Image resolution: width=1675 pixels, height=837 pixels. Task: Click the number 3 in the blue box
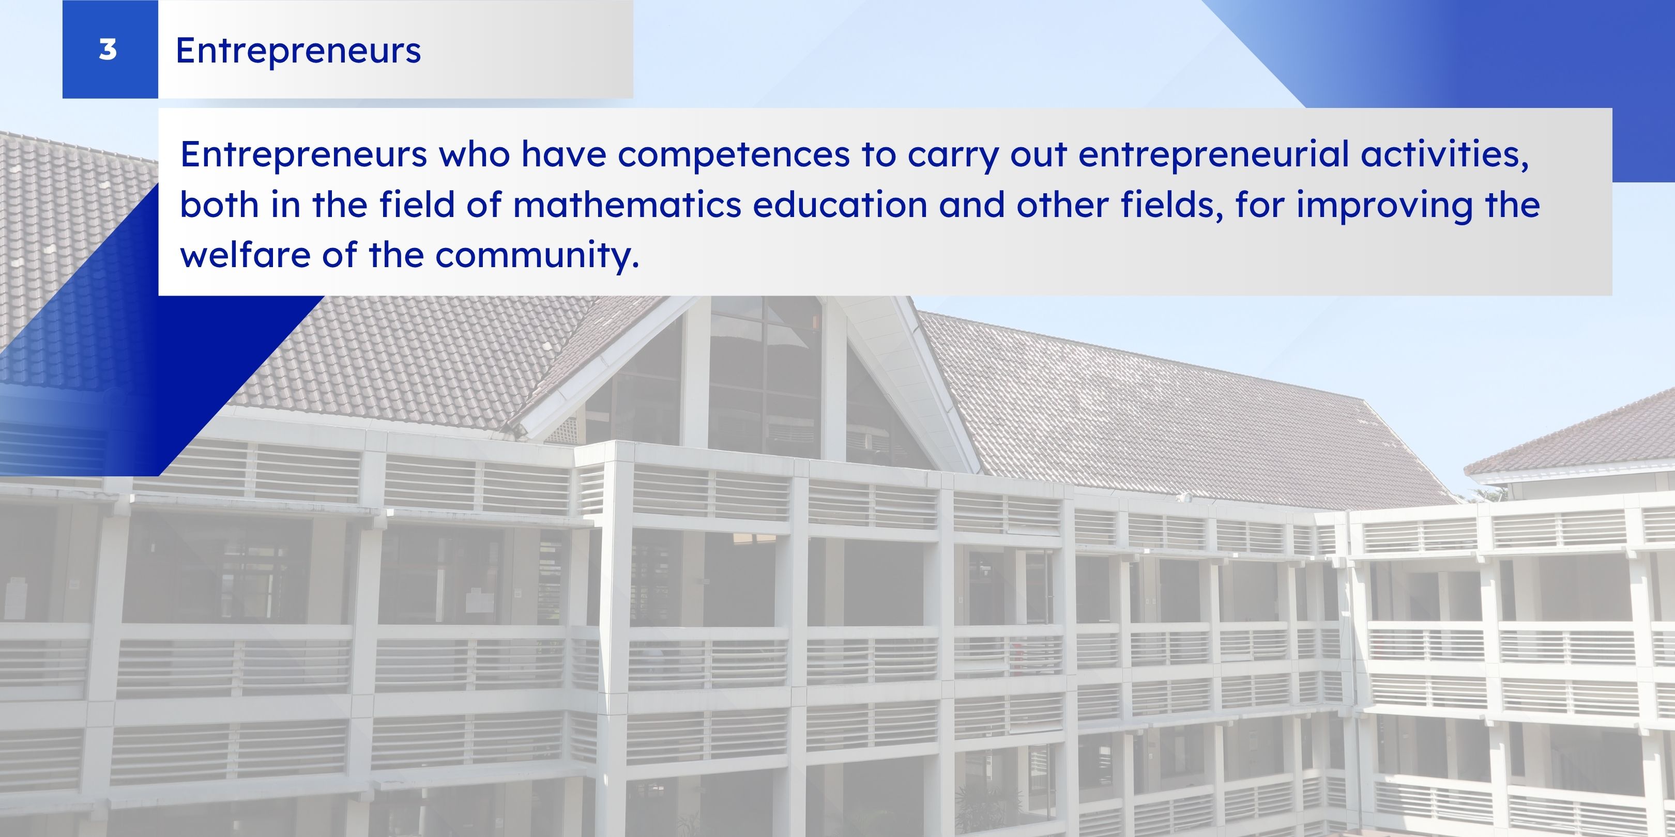(x=108, y=50)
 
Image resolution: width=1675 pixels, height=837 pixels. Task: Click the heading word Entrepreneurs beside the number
(x=298, y=51)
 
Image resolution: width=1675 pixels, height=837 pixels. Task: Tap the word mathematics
(x=627, y=205)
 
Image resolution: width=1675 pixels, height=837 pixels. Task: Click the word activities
(x=1445, y=154)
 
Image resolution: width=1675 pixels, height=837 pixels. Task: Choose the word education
(x=840, y=205)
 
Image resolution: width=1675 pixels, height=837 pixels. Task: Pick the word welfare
(x=245, y=254)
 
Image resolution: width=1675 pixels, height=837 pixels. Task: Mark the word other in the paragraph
(x=1062, y=205)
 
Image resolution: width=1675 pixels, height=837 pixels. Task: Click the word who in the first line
(x=474, y=154)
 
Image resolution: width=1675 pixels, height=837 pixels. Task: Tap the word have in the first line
(x=564, y=154)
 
